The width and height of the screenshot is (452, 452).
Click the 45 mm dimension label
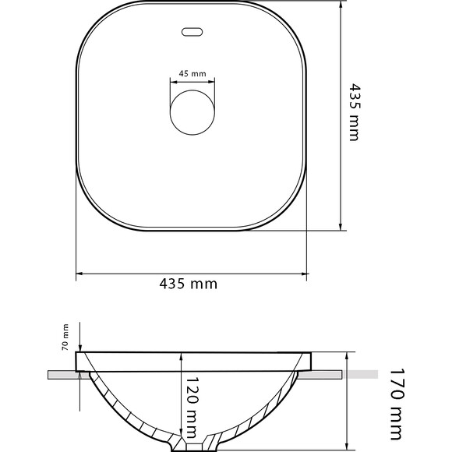(192, 74)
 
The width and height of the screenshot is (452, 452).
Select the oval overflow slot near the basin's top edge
(192, 32)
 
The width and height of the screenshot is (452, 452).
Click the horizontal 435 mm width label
(189, 284)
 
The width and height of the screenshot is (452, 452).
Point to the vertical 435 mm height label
(355, 112)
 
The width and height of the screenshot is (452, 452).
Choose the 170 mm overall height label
(396, 408)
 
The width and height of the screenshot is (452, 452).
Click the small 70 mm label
(65, 337)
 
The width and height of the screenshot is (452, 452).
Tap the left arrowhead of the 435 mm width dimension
(79, 274)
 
